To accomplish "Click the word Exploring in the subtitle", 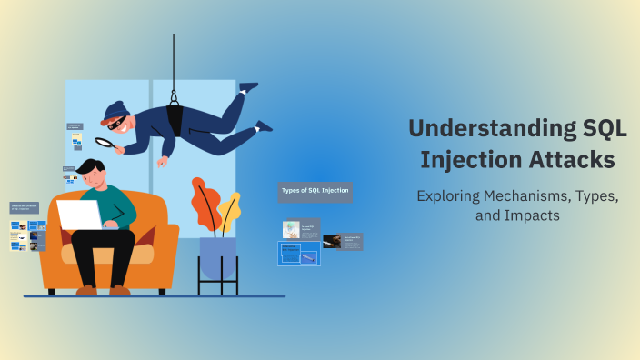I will (x=447, y=195).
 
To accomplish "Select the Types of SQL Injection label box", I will (x=315, y=191).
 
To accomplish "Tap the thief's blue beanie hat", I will (x=114, y=111).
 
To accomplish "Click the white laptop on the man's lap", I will (x=81, y=215).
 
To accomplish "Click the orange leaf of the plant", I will (x=205, y=202).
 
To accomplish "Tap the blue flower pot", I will (x=217, y=257).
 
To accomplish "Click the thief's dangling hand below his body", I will (x=163, y=163).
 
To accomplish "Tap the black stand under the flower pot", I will (x=217, y=283).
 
